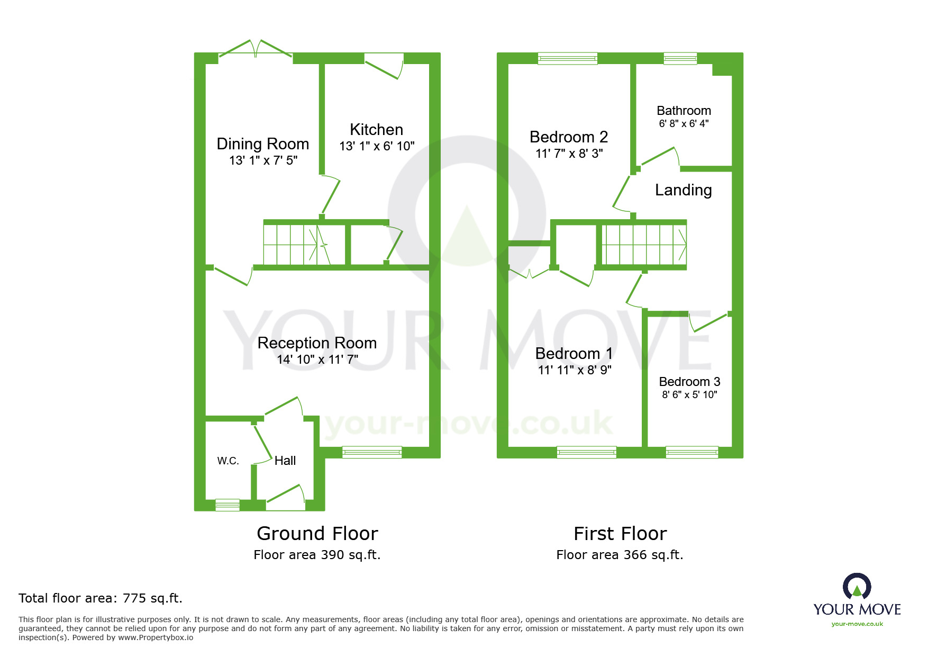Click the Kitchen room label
coord(376,130)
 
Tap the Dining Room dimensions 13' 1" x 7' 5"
coord(263,160)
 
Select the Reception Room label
coord(317,343)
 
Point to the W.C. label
coord(228,461)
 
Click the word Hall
coord(285,461)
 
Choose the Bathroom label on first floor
coord(684,111)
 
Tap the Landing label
coord(683,190)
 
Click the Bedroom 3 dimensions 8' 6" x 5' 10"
coord(689,394)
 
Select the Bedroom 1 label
coord(574,353)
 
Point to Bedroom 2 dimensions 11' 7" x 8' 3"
coord(569,154)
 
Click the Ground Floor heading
coord(317,533)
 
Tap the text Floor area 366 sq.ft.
coord(620,555)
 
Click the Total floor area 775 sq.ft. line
coord(101,598)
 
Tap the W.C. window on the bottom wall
coord(228,505)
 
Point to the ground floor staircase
coord(296,245)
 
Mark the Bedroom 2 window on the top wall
coord(567,58)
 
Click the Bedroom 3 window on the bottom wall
coord(692,452)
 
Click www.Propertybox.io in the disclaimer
coord(156,637)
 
